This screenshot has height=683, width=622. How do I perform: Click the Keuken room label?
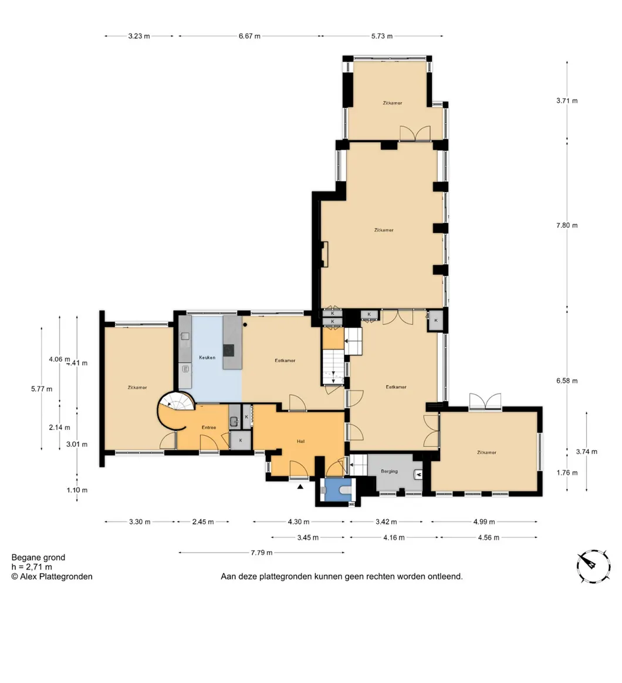(x=207, y=358)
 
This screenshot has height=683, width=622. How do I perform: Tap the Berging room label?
(x=389, y=472)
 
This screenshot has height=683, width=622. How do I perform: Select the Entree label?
(x=209, y=428)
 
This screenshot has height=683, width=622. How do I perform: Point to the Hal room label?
(x=300, y=441)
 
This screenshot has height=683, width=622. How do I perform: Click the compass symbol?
(x=593, y=566)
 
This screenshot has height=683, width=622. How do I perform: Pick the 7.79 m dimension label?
(x=262, y=552)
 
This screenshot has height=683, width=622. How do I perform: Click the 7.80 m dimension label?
(x=567, y=225)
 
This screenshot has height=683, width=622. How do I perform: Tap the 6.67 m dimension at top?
(x=249, y=36)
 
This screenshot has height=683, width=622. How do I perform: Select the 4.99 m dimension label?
(x=484, y=521)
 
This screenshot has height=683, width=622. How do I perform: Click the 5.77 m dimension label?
(x=41, y=389)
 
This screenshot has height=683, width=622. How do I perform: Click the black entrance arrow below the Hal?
(x=300, y=486)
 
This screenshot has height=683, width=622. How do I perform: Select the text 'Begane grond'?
(x=38, y=557)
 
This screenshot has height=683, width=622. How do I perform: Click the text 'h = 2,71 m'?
(x=32, y=567)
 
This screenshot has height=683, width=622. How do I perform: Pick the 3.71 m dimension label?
(x=567, y=100)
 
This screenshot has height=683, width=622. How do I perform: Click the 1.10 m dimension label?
(x=77, y=490)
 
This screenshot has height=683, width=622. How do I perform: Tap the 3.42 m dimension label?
(x=386, y=521)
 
